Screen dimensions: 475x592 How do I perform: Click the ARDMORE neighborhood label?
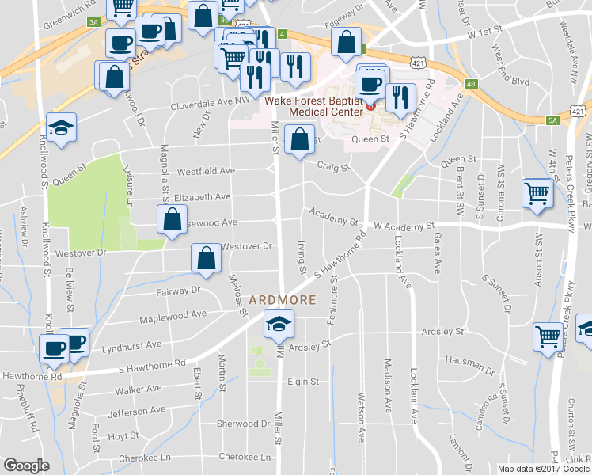click(283, 301)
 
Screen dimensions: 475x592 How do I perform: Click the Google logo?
click(26, 465)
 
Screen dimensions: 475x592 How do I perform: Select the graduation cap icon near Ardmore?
click(279, 325)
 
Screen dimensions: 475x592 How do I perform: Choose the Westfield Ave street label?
click(206, 170)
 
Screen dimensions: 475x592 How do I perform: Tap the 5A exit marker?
click(552, 120)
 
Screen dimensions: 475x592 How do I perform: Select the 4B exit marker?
click(471, 83)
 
